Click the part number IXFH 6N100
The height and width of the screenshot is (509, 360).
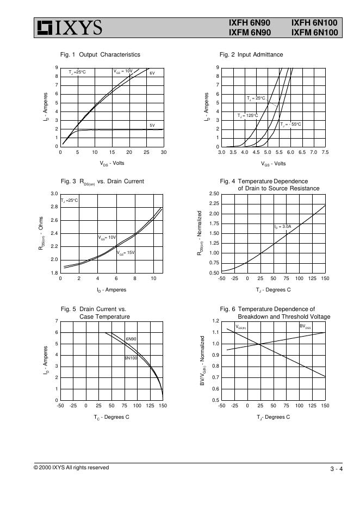tap(314, 23)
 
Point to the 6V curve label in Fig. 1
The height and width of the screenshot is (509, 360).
tap(152, 73)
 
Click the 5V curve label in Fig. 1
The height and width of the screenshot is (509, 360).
tap(152, 126)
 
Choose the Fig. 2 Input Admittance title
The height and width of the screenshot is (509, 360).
tap(251, 54)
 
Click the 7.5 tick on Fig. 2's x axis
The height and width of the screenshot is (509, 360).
tap(325, 153)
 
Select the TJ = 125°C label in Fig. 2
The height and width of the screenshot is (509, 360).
tap(247, 115)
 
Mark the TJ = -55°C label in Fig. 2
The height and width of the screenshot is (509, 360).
tap(291, 125)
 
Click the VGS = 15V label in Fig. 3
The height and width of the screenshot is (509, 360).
tap(126, 252)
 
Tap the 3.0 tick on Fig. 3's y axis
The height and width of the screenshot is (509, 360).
tap(54, 194)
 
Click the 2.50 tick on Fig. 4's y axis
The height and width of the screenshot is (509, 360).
tap(214, 194)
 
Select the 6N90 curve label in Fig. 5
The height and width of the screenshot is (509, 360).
tap(131, 339)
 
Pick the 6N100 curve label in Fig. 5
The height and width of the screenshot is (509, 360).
tap(131, 358)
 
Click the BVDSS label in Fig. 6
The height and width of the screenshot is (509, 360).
tap(305, 326)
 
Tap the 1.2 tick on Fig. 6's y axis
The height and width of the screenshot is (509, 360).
tap(215, 321)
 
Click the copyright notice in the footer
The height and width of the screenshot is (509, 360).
tap(71, 468)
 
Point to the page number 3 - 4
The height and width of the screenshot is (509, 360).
tap(336, 469)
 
